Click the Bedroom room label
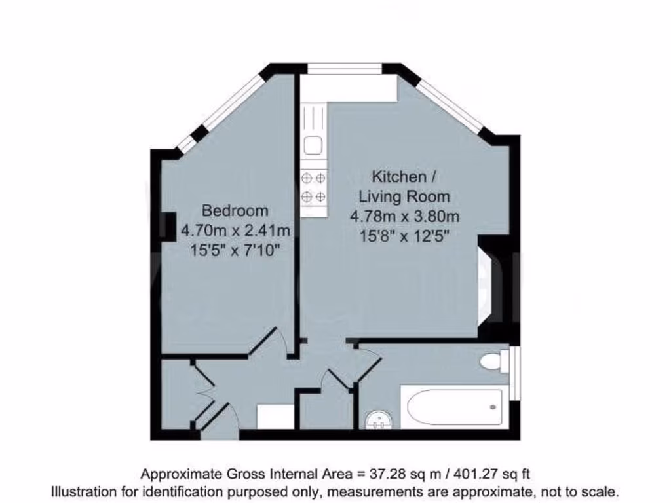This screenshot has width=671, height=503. tap(235, 211)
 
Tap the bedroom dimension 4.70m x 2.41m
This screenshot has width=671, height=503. tap(235, 230)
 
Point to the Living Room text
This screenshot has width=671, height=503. tap(404, 196)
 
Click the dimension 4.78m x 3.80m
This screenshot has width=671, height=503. tap(404, 215)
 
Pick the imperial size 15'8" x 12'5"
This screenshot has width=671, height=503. tap(404, 235)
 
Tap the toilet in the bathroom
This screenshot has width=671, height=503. tap(495, 362)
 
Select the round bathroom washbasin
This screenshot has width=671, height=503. tap(379, 419)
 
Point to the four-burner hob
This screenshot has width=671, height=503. tap(313, 186)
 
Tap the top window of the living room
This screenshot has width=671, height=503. tap(345, 67)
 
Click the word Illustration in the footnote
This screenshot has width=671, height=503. tap(85, 491)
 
